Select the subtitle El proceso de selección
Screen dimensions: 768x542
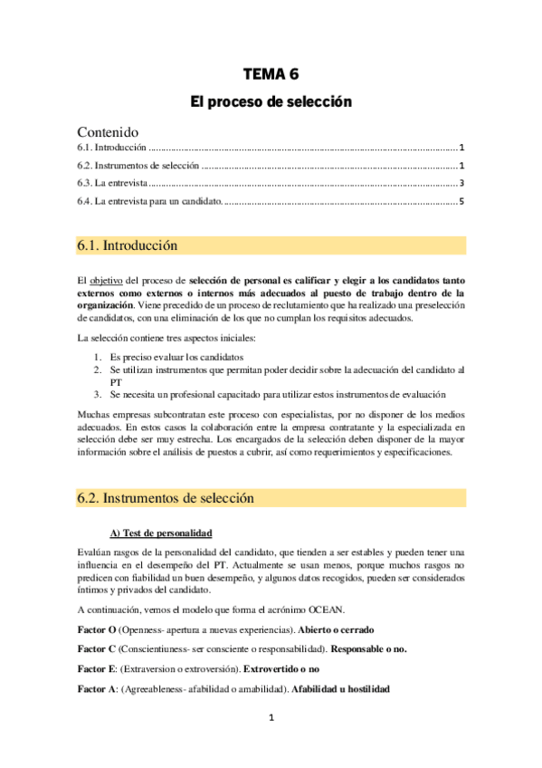coord(270,103)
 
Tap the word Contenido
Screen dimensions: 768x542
coord(108,131)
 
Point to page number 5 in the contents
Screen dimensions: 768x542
coord(461,200)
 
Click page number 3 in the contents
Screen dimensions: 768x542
coord(461,183)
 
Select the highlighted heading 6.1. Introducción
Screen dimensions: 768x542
coord(128,246)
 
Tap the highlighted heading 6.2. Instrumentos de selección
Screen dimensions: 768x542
coord(166,498)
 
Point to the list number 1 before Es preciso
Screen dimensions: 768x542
coord(97,358)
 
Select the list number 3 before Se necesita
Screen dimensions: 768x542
coord(97,394)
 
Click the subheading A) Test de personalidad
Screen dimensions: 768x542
coord(161,532)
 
